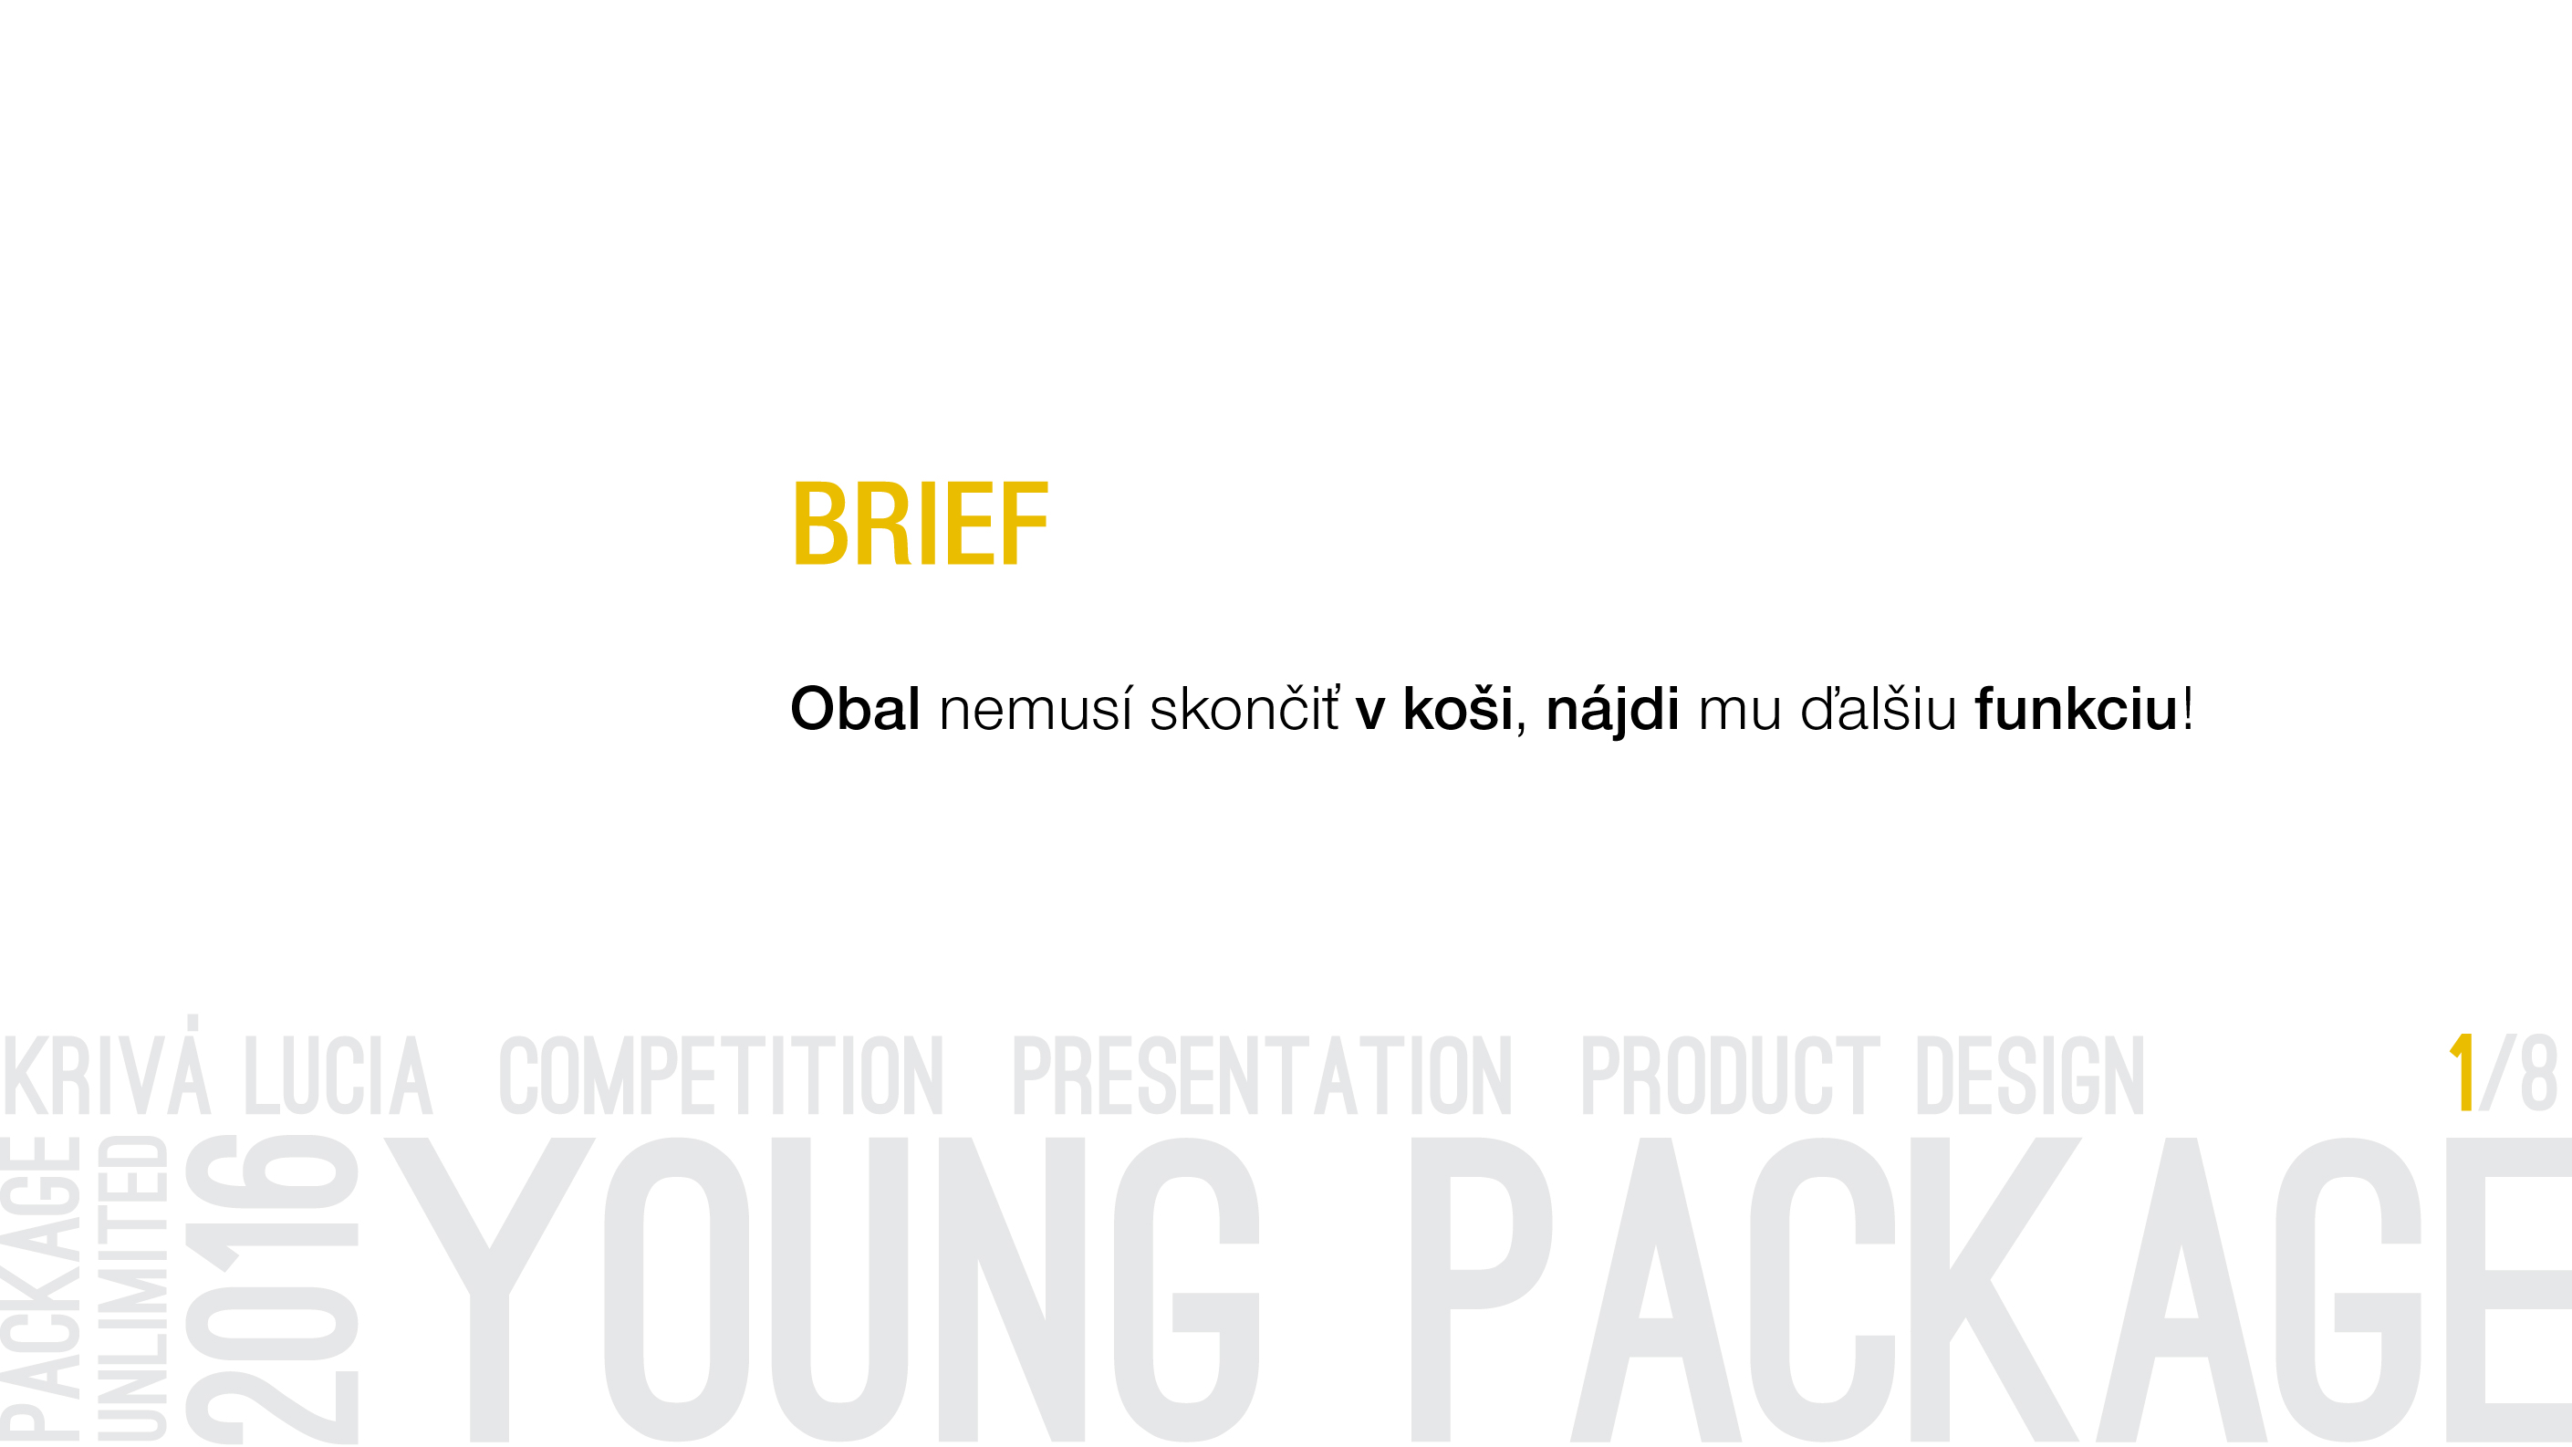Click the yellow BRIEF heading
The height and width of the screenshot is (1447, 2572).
coord(920,524)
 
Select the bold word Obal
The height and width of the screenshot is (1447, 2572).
coord(855,708)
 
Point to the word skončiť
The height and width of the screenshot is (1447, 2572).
coord(1245,708)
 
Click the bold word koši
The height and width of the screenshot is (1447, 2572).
coord(1458,708)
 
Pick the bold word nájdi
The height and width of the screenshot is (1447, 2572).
coord(1612,711)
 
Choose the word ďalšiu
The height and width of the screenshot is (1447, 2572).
coord(1878,708)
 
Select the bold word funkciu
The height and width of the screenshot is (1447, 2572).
coord(2077,708)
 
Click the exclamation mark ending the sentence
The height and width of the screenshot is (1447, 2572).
coord(2188,708)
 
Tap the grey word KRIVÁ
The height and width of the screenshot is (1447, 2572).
coord(108,1066)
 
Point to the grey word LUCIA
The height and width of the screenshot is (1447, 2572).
coord(338,1076)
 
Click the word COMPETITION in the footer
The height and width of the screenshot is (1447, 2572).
coord(721,1076)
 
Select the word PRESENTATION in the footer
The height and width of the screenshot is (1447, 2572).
coord(1262,1076)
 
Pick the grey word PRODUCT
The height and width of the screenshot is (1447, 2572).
coord(1730,1076)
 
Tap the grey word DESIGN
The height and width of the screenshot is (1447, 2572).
coord(2030,1076)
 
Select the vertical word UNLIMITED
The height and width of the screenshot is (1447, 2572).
coord(130,1287)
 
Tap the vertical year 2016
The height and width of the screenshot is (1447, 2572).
coord(272,1289)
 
